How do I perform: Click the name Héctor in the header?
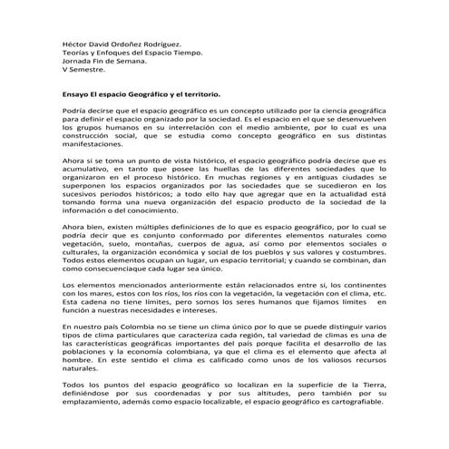(x=63, y=44)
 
